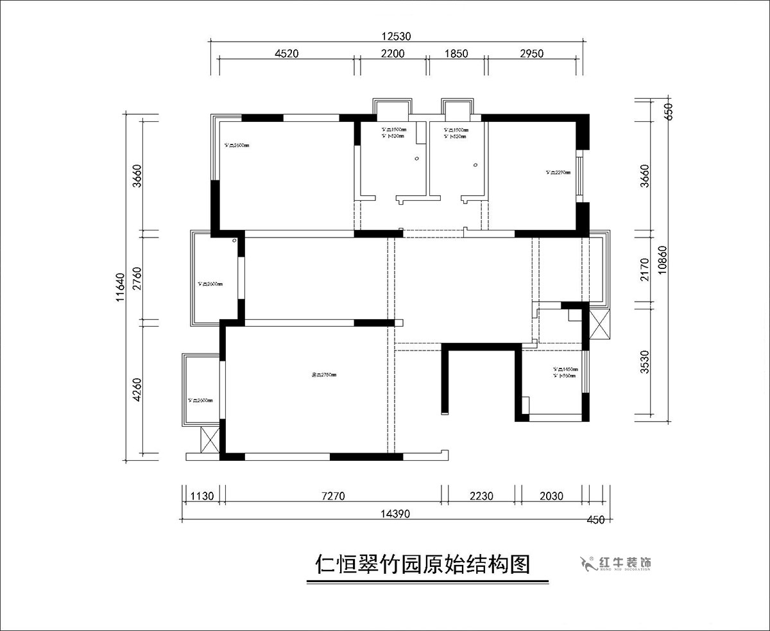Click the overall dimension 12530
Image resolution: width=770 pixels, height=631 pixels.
[397, 37]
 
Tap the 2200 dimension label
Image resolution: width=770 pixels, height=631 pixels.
[393, 54]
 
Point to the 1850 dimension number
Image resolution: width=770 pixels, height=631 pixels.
[456, 54]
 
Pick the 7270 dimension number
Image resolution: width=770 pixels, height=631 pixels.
[333, 496]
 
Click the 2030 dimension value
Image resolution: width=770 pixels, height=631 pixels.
[551, 496]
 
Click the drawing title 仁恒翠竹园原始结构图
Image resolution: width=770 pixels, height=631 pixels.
[423, 565]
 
